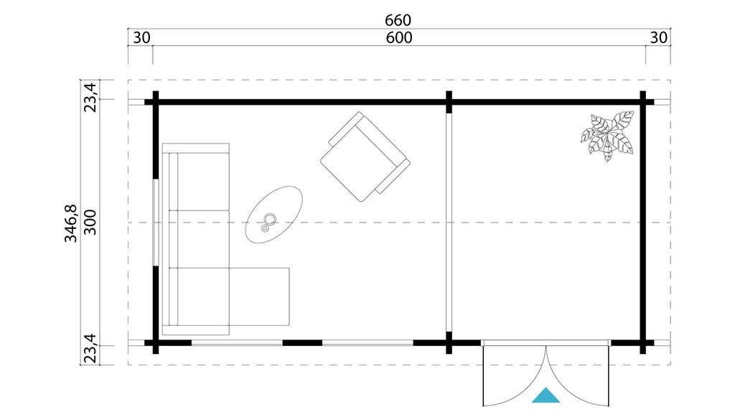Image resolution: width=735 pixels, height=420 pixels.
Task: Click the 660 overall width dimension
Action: pyautogui.click(x=398, y=20)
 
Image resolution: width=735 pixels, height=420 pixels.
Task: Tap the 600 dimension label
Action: pyautogui.click(x=399, y=37)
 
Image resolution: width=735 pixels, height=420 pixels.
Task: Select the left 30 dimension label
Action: pyautogui.click(x=141, y=37)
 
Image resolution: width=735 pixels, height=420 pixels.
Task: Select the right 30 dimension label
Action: pyautogui.click(x=659, y=37)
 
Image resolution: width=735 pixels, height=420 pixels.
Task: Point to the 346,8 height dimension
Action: pyautogui.click(x=71, y=223)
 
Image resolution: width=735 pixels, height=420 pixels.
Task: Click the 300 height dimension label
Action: pyautogui.click(x=90, y=223)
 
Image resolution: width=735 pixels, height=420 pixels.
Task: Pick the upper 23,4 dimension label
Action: pyautogui.click(x=90, y=97)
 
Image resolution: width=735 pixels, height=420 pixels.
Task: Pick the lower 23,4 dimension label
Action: pyautogui.click(x=90, y=349)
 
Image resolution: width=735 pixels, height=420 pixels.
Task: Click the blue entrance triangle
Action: pyautogui.click(x=546, y=395)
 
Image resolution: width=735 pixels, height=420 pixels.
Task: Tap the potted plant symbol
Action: pyautogui.click(x=607, y=136)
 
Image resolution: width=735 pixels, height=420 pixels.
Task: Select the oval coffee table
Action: pyautogui.click(x=274, y=215)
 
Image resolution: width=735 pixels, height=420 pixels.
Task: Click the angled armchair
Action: pyautogui.click(x=365, y=157)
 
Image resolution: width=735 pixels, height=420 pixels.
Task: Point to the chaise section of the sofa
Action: pyautogui.click(x=259, y=297)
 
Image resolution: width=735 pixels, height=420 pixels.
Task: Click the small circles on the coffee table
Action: pyautogui.click(x=268, y=221)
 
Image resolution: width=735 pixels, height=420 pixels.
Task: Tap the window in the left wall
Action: pyautogui.click(x=156, y=223)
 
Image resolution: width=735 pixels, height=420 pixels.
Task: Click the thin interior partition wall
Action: pyautogui.click(x=449, y=223)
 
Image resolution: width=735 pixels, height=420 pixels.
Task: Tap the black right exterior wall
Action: pyautogui.click(x=643, y=223)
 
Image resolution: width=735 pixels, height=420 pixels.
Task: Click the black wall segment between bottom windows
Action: pyautogui.click(x=302, y=342)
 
